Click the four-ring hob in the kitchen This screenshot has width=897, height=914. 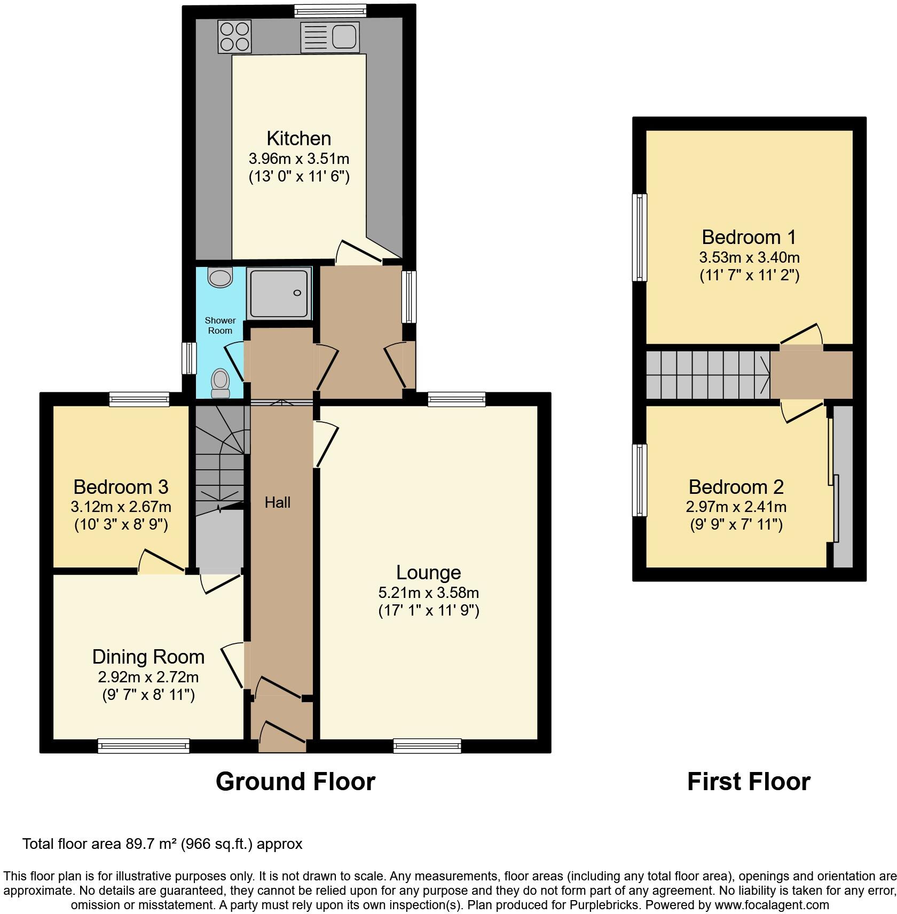tap(234, 36)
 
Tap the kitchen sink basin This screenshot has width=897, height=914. tap(344, 37)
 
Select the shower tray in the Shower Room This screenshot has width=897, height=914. tap(279, 293)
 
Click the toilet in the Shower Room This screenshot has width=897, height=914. tap(221, 383)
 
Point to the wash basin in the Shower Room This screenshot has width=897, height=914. tap(221, 277)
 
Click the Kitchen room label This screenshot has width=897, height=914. tap(298, 138)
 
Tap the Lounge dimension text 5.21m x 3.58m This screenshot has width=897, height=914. tap(428, 593)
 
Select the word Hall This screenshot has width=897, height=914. tap(278, 502)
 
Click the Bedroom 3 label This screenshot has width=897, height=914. tap(121, 487)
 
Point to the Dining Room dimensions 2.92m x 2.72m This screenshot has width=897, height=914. tap(148, 677)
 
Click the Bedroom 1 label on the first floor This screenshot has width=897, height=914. tap(749, 237)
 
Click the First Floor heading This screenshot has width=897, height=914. tap(749, 782)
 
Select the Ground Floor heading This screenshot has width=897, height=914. tap(295, 782)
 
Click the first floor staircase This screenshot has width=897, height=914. tap(707, 375)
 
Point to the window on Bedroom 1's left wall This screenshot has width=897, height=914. tap(639, 237)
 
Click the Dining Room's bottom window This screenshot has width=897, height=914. tap(144, 746)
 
